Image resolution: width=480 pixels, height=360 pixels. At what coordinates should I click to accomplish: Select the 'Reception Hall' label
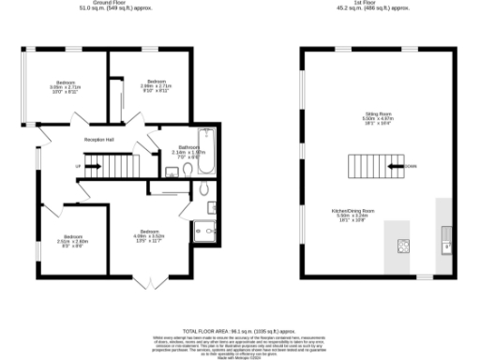pos(98,139)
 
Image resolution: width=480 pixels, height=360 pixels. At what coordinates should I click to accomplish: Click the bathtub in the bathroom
pos(207,153)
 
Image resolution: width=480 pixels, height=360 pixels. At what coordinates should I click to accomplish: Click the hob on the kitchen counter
pos(404,246)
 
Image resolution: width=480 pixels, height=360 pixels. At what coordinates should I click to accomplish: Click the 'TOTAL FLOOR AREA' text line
pos(239,331)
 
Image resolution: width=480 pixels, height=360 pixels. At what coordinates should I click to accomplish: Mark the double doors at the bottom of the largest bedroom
pos(143,281)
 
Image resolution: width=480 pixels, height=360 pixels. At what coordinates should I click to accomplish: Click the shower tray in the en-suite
pos(203,231)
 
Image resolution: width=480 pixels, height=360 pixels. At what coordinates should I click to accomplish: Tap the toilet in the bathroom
pos(187,170)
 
